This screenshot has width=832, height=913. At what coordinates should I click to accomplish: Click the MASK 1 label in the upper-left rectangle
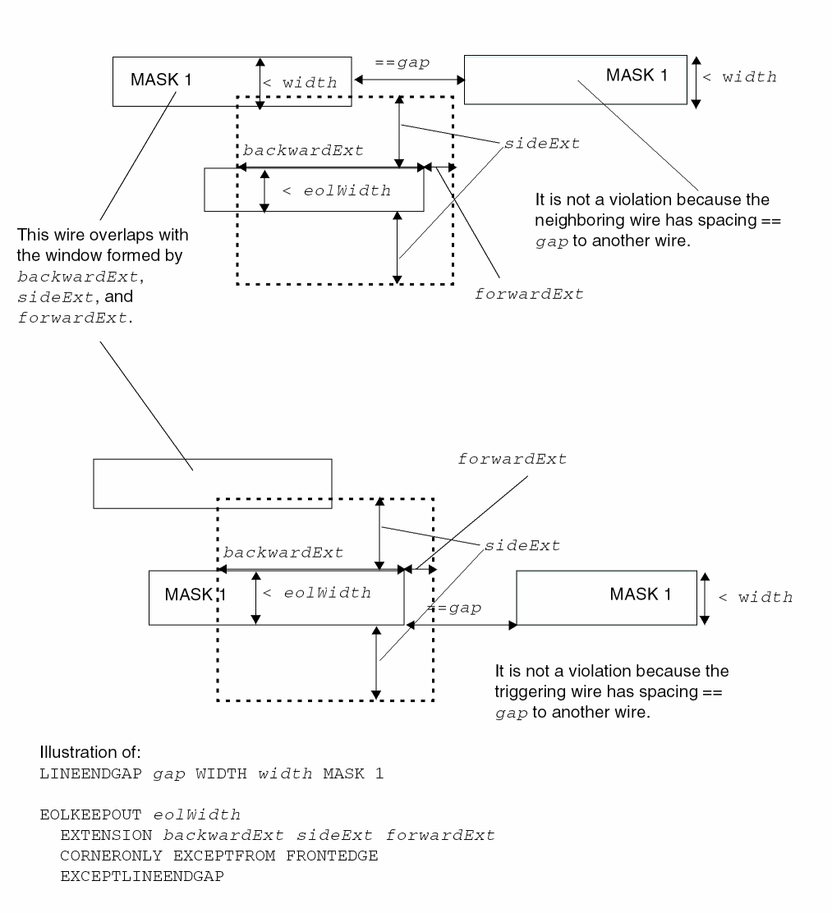point(162,80)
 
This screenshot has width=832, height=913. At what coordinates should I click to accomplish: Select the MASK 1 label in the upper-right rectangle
point(637,75)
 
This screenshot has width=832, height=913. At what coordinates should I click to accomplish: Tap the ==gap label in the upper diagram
point(402,62)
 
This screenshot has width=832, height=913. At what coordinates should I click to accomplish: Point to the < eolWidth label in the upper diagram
point(336,191)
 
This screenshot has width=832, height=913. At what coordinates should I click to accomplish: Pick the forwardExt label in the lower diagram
point(512,460)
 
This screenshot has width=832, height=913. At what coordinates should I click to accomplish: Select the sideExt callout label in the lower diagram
point(522,545)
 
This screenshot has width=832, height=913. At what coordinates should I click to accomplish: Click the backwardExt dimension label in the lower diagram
point(283,553)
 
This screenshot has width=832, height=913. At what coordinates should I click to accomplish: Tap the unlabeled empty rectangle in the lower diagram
point(212,484)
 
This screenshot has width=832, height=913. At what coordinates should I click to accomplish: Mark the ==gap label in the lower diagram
point(454,608)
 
